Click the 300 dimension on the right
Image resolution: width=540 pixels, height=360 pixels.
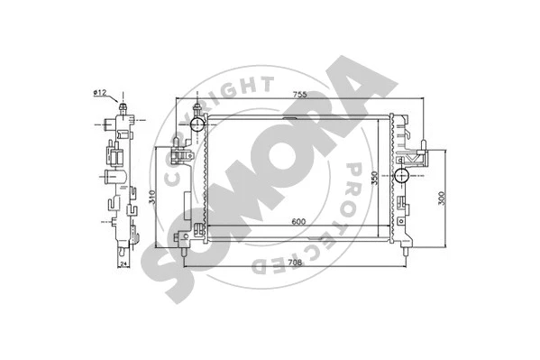[442, 199]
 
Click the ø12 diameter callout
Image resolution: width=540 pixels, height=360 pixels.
[100, 92]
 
